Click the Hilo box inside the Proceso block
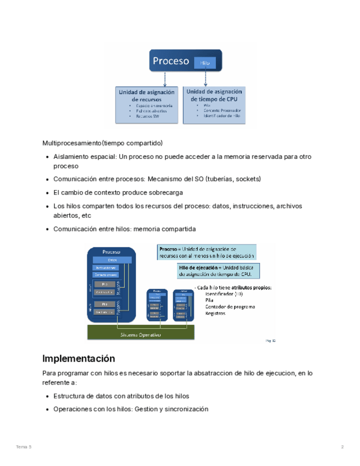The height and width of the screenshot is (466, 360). [x=204, y=63]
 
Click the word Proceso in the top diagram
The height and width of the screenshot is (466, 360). [x=171, y=61]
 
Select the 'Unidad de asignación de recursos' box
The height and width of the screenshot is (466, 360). [x=146, y=104]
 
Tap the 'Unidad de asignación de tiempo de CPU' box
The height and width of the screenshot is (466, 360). [x=214, y=104]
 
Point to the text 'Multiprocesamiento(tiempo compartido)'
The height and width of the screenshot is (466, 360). [x=103, y=143]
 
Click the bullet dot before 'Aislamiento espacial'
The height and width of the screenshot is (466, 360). [x=47, y=157]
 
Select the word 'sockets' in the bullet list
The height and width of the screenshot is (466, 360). [x=248, y=179]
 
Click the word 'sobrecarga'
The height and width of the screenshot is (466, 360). [x=164, y=193]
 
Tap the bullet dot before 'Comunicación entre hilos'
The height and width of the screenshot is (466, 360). [x=47, y=229]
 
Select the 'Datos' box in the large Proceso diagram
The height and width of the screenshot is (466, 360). [x=112, y=260]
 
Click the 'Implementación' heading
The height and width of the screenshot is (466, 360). [x=79, y=359]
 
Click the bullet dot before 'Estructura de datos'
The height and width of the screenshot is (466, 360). [x=47, y=396]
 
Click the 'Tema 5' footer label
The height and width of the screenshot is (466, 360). [x=23, y=447]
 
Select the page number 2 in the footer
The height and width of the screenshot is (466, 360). [x=342, y=447]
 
